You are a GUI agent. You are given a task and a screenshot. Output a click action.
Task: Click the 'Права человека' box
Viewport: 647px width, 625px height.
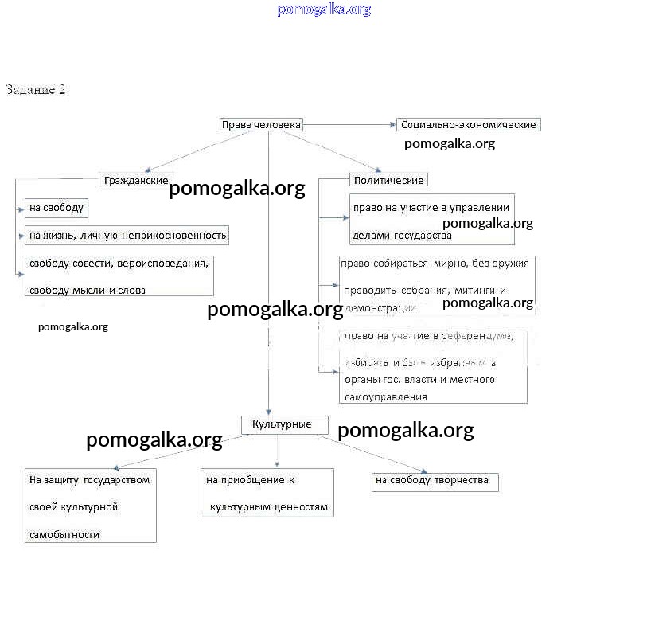point(261,125)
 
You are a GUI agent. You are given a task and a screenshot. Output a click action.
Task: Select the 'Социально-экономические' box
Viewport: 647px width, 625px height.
point(468,125)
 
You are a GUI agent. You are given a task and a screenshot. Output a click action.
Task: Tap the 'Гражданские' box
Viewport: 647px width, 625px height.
point(136,180)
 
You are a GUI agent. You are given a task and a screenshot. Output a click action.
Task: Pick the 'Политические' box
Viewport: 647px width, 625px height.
point(388,180)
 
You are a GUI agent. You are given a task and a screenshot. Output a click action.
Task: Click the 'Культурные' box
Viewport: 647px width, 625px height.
point(285,424)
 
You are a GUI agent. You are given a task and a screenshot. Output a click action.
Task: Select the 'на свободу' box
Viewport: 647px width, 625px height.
point(56,208)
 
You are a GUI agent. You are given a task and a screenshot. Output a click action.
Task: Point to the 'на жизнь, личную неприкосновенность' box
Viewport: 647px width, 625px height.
point(127,235)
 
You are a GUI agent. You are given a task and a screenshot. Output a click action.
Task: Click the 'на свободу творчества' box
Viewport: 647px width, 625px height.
point(435,481)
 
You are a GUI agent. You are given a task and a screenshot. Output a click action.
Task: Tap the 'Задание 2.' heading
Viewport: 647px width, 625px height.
point(37,89)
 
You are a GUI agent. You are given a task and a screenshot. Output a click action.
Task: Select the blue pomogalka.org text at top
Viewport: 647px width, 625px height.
point(324,10)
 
